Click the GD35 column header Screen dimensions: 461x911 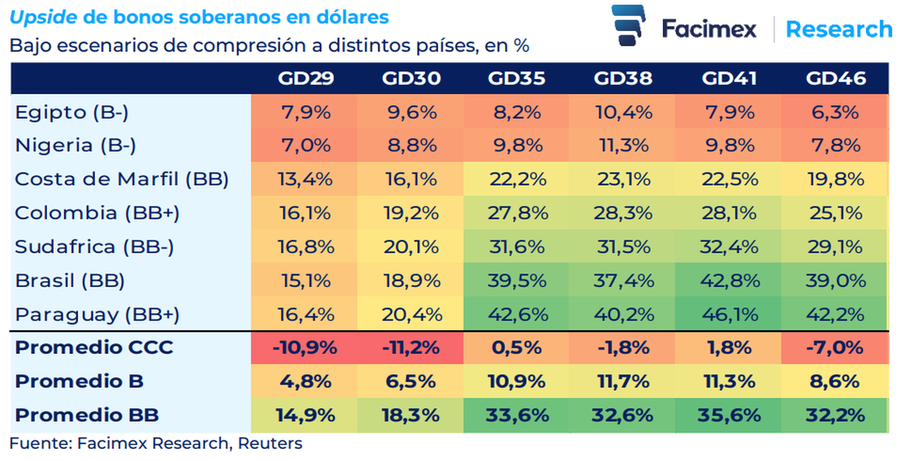516,78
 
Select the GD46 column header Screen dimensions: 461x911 836,78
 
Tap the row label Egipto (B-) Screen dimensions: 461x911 72,112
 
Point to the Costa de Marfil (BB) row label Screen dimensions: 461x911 121,179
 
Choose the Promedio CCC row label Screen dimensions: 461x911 94,348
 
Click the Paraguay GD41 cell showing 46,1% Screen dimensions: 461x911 728,314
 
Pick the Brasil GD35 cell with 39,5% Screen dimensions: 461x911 516,280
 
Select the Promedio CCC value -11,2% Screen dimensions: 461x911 410,348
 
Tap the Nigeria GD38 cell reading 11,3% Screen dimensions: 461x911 623,146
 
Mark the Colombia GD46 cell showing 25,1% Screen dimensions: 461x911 836,213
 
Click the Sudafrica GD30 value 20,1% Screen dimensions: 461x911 410,247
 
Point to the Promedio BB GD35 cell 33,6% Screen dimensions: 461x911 516,415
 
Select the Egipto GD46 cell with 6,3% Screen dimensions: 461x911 836,112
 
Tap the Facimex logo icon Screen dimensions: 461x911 629,29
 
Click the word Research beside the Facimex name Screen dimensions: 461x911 839,30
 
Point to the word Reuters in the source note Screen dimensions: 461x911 270,444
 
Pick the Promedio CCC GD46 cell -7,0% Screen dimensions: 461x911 836,348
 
